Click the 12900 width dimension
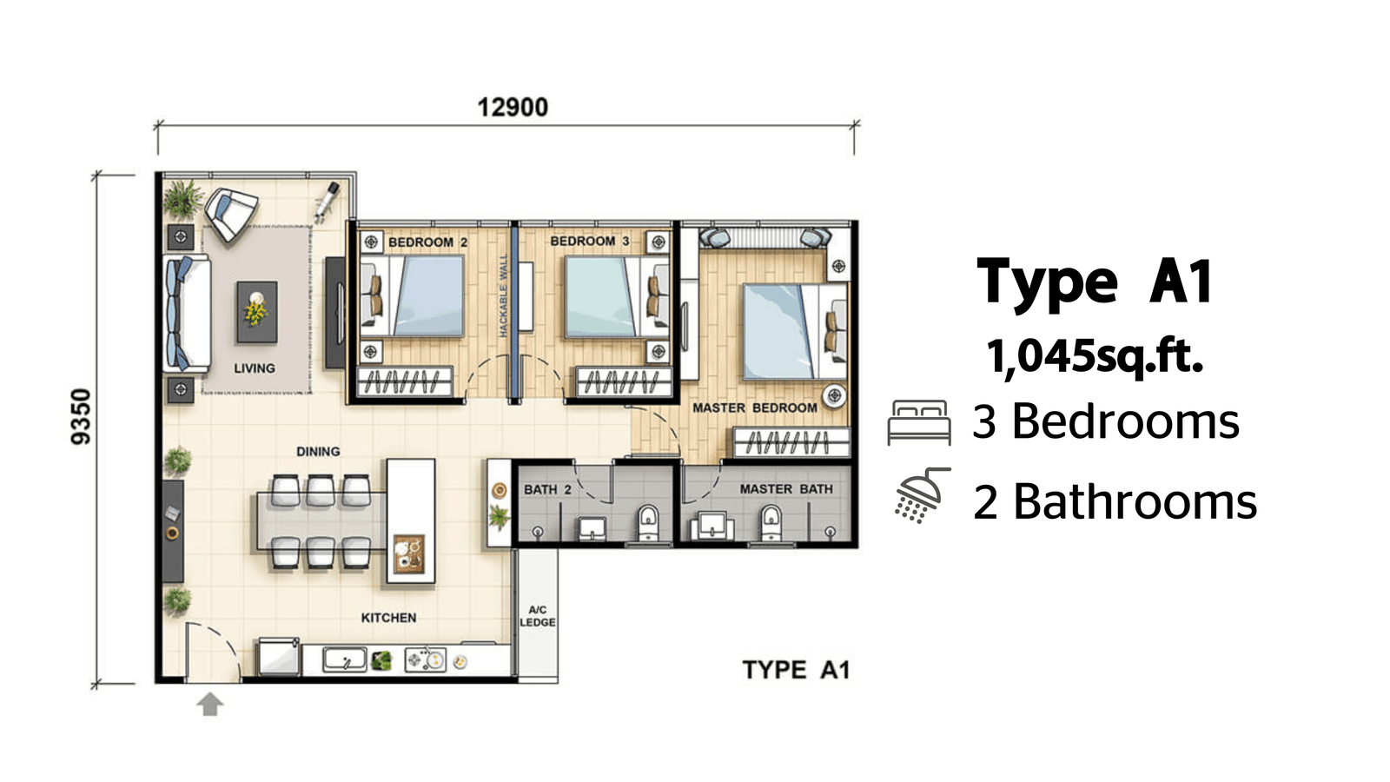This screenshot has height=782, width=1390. tap(513, 108)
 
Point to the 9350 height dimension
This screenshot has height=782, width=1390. tap(82, 416)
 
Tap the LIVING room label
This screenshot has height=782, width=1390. tap(255, 368)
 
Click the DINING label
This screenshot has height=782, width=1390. tap(318, 451)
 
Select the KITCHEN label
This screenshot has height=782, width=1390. tap(388, 618)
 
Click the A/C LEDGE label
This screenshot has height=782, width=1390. tap(538, 616)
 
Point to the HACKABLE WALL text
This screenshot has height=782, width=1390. tap(503, 295)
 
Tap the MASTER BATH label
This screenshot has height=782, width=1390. tap(786, 489)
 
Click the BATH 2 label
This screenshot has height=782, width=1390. tap(547, 490)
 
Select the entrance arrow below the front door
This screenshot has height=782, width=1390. tap(209, 704)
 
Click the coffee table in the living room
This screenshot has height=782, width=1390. tap(257, 312)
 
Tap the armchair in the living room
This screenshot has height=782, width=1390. tap(231, 214)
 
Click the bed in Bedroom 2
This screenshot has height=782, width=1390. tap(413, 296)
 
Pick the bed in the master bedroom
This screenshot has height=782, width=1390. tap(795, 331)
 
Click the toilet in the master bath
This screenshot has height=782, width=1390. tap(771, 522)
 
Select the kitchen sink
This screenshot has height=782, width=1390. tap(344, 659)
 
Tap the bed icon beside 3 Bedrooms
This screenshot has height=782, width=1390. tap(919, 422)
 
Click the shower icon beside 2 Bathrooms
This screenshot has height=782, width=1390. tap(922, 494)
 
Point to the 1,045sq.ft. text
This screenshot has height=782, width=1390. tap(1095, 357)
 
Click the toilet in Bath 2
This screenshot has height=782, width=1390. tap(648, 522)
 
